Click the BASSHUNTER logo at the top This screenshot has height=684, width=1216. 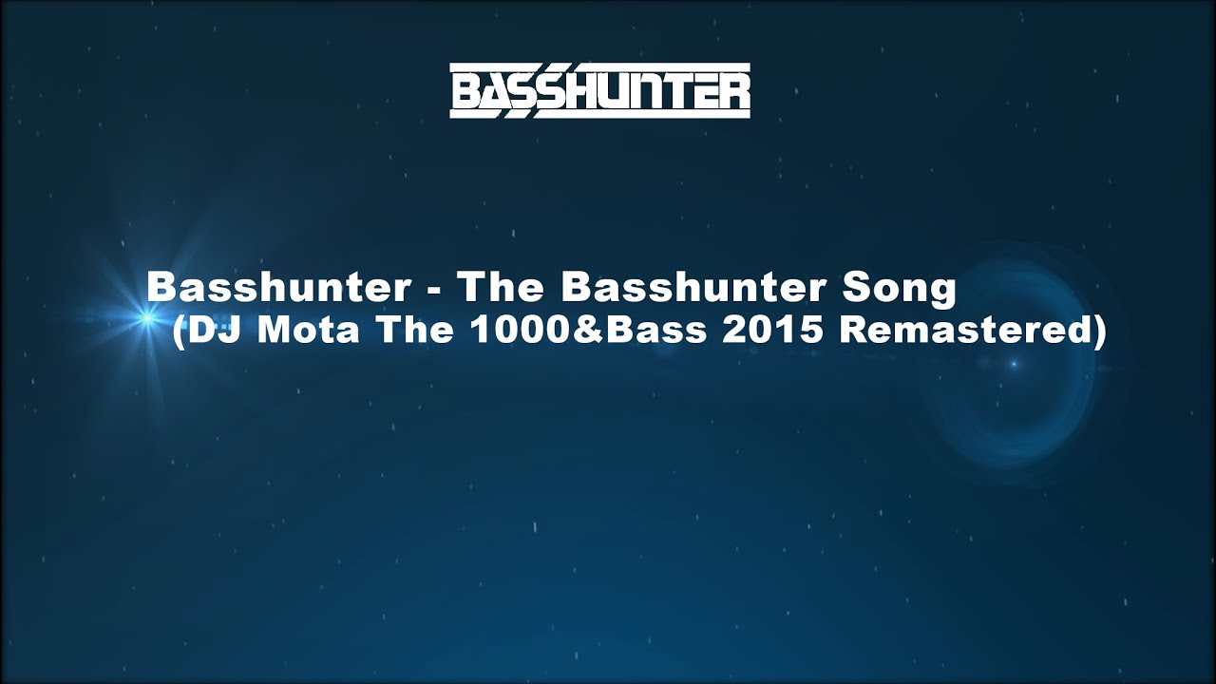coord(599,91)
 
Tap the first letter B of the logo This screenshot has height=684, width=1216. coord(467,92)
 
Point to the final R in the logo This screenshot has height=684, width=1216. coord(732,92)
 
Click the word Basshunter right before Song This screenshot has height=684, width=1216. coord(691,288)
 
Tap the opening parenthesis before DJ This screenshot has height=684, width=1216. coord(180,332)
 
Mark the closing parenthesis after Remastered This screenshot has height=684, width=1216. coord(1099,332)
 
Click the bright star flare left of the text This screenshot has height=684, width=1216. coord(146,318)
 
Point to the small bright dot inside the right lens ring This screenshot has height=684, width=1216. coord(1014,364)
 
